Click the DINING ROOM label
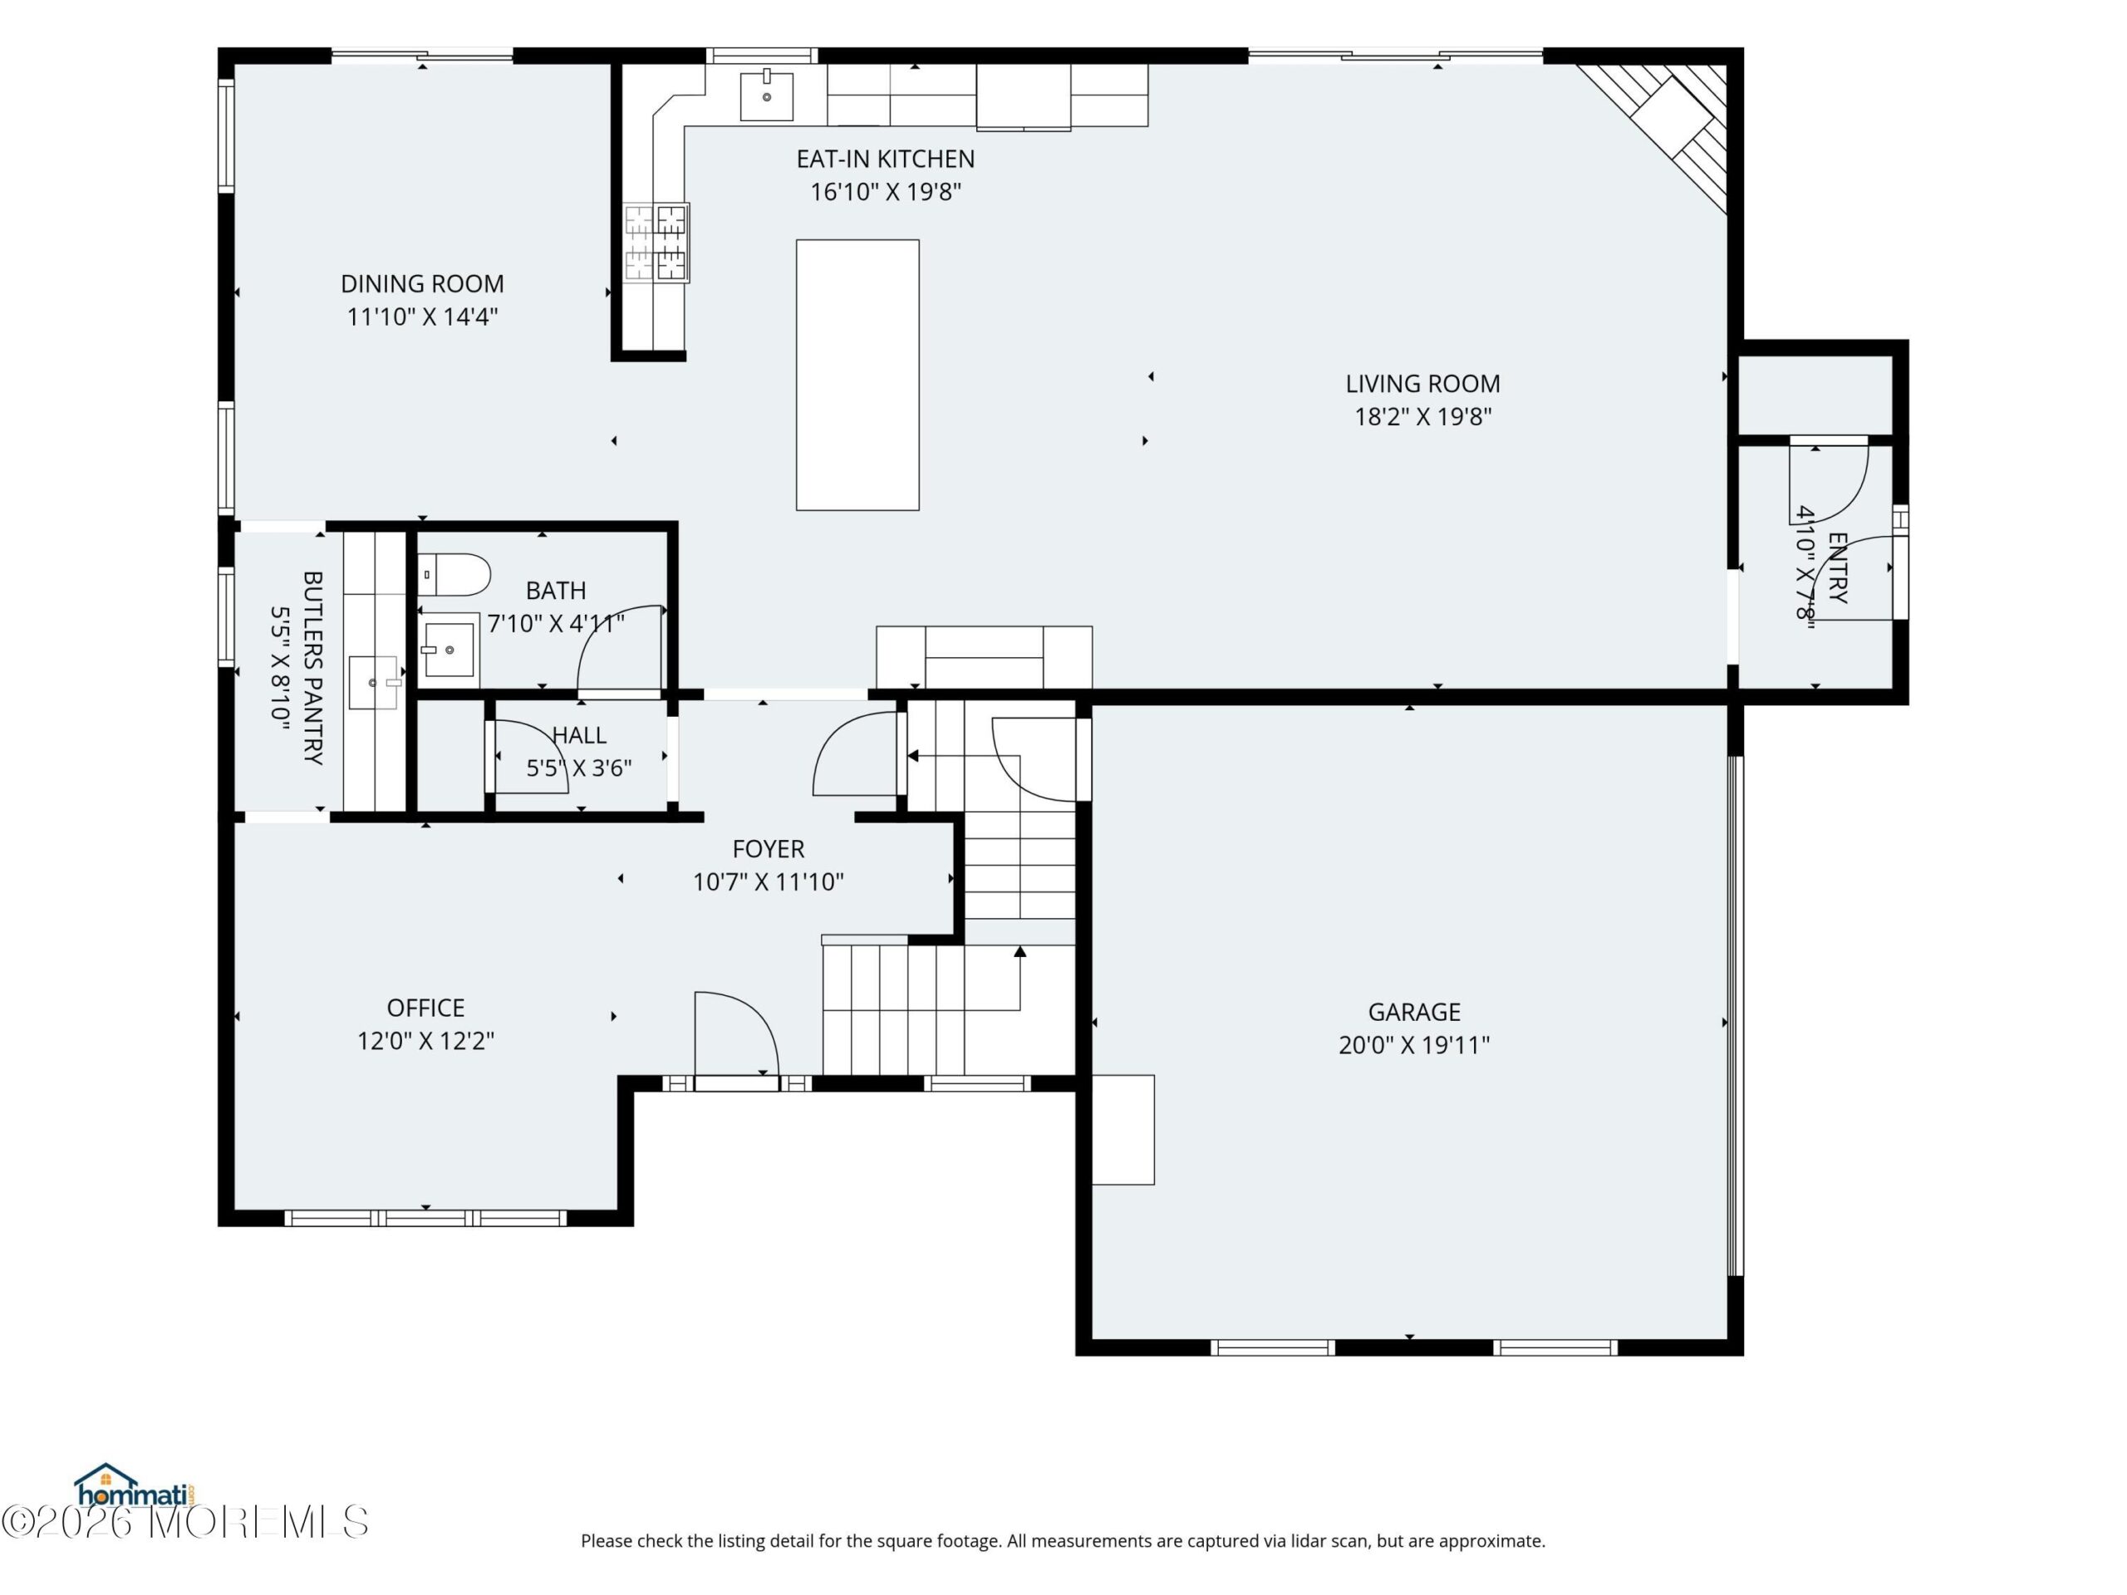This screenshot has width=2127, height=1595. point(422,283)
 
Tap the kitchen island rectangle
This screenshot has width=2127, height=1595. point(857,375)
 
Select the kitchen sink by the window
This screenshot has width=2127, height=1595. point(766,96)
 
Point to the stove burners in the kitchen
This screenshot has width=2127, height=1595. point(656,243)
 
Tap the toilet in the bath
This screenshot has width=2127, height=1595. point(454,574)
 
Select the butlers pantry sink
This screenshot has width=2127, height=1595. point(373,683)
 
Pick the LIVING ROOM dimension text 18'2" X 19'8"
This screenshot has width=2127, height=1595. point(1423,416)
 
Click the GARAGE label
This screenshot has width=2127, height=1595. point(1414,1012)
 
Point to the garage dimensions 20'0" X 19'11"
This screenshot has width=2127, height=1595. point(1414,1044)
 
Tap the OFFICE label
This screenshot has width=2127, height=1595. point(426,1008)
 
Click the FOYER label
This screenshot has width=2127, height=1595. point(769,849)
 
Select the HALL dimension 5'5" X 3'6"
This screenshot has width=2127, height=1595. point(579,768)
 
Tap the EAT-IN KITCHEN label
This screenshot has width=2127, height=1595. point(886,159)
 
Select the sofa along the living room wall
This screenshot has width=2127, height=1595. point(984,658)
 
